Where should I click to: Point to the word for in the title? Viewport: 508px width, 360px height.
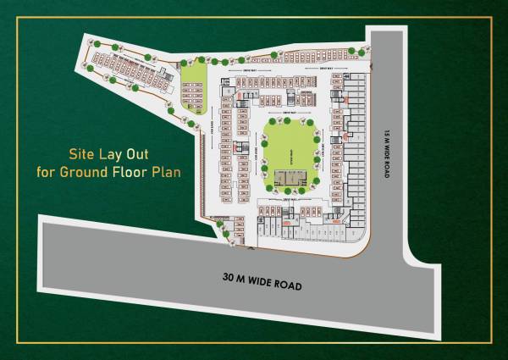tap(46, 173)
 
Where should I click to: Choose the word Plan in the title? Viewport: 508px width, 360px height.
tap(167, 173)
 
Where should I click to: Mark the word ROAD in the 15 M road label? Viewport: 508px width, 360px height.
tap(384, 170)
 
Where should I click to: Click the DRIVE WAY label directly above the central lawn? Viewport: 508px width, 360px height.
tap(289, 113)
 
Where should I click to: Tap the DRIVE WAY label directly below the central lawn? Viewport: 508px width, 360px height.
tap(290, 200)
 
